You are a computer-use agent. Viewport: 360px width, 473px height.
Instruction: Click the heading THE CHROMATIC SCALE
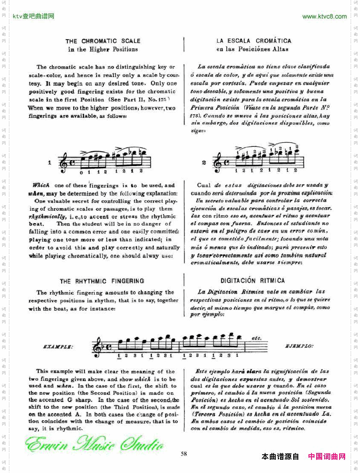[x=103, y=41]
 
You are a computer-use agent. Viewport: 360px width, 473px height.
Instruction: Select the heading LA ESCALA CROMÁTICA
[x=254, y=41]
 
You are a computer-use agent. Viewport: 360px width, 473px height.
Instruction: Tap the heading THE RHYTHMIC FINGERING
[x=102, y=281]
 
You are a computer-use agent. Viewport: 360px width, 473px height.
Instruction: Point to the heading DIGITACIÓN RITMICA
[x=253, y=281]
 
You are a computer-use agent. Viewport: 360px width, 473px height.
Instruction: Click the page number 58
[x=184, y=453]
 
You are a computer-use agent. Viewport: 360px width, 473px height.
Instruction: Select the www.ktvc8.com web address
[x=324, y=17]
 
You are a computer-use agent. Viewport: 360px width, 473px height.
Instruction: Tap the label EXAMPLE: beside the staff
[x=58, y=347]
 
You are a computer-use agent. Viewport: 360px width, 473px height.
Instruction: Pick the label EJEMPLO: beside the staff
[x=299, y=346]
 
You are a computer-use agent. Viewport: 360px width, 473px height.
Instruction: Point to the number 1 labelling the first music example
[x=50, y=162]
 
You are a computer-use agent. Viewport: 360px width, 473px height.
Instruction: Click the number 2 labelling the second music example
[x=204, y=162]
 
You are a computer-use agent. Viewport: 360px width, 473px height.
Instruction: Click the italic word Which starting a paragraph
[x=41, y=185]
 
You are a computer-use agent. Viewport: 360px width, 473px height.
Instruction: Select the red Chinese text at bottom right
[x=326, y=456]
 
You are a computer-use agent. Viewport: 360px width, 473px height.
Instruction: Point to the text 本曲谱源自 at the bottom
[x=280, y=456]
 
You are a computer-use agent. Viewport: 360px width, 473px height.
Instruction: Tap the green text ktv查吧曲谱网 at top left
[x=34, y=17]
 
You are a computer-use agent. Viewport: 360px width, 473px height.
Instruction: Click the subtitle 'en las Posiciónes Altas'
[x=252, y=49]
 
